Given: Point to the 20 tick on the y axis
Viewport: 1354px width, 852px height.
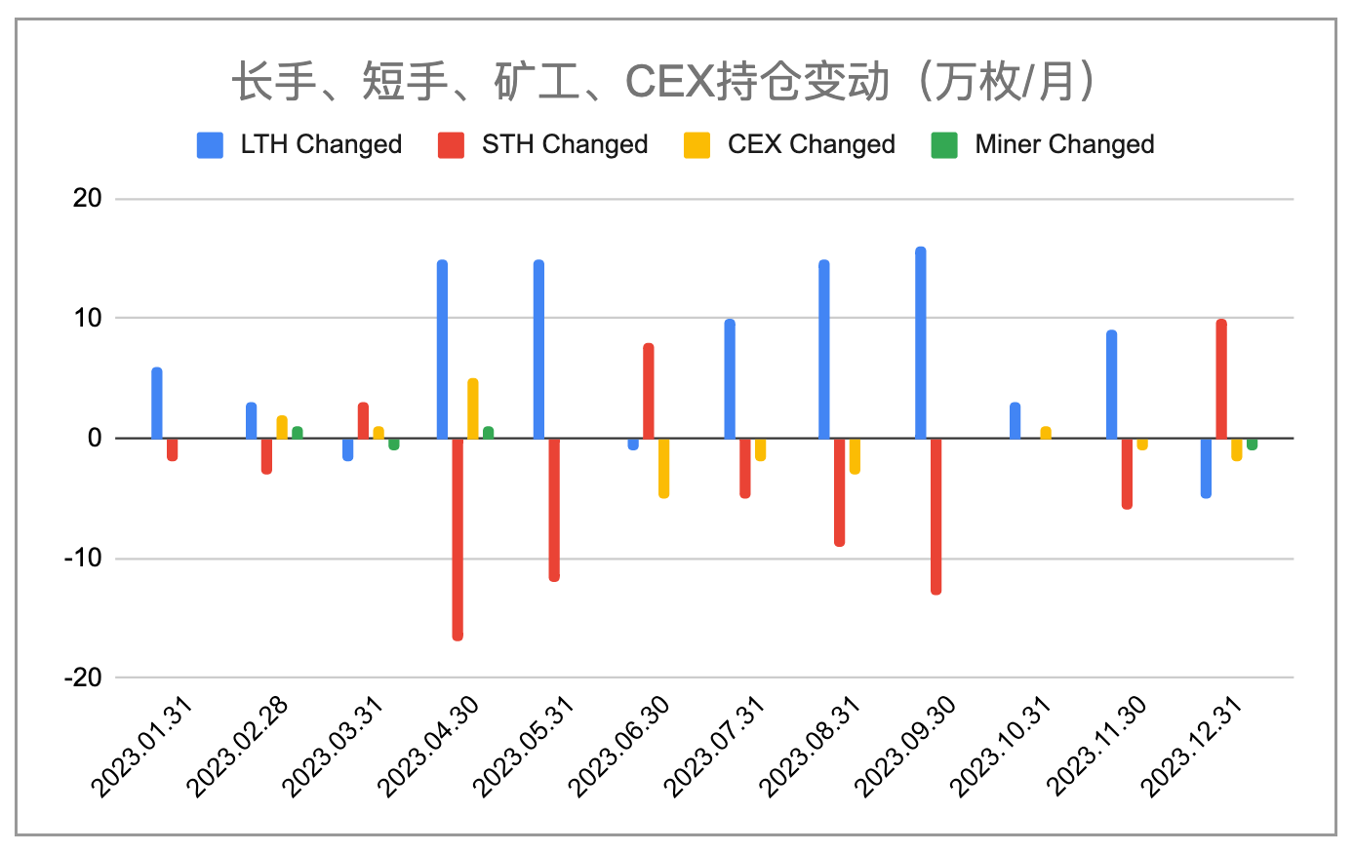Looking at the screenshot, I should pos(88,199).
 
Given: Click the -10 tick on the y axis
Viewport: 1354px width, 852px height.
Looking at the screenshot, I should pos(84,559).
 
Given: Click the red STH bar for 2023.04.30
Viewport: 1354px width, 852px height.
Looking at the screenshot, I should pos(458,538).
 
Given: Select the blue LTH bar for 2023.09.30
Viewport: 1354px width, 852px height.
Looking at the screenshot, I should pos(921,343).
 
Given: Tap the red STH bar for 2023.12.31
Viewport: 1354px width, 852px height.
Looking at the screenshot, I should pos(1221,379).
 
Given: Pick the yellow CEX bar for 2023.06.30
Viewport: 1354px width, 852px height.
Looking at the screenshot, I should pos(664,468).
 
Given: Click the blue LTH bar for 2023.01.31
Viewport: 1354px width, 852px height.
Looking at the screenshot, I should pos(157,404).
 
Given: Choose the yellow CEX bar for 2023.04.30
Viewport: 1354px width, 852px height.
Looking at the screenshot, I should pos(473,409).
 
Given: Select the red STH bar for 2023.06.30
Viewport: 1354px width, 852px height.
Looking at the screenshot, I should pos(649,392).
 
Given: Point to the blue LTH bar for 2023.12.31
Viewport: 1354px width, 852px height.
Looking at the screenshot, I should pos(1206,468).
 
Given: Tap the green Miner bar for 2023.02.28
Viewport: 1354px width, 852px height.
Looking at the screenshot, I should pos(298,433).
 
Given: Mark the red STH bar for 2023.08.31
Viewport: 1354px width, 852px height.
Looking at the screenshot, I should pos(839,491).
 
